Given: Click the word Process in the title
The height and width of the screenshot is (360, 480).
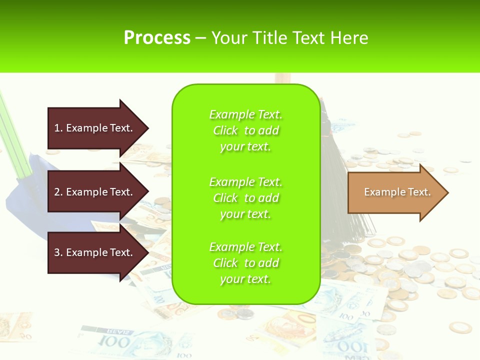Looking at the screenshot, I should pyautogui.click(x=157, y=37).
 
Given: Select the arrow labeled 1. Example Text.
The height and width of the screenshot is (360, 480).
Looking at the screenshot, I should pyautogui.click(x=95, y=128).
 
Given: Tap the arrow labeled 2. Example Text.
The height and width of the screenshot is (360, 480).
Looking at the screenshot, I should pyautogui.click(x=95, y=192).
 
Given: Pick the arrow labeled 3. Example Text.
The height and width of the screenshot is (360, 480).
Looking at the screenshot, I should pyautogui.click(x=95, y=252).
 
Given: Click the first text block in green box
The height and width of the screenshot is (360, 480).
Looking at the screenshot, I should pyautogui.click(x=245, y=130).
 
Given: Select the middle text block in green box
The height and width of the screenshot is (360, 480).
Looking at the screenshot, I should pyautogui.click(x=245, y=197).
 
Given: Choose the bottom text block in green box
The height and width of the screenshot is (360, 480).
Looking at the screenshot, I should pyautogui.click(x=245, y=263).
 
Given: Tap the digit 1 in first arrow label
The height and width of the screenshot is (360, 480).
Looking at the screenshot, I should pyautogui.click(x=57, y=128).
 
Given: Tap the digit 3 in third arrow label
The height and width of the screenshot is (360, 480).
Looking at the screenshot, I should pyautogui.click(x=57, y=253).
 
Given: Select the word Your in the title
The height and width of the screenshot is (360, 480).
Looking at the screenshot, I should pyautogui.click(x=229, y=37).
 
